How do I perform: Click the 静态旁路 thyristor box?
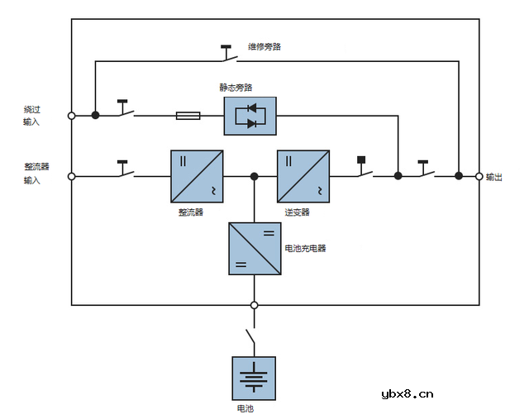point(250,116)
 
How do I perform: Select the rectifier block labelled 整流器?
point(197,176)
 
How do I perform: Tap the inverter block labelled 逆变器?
point(303,176)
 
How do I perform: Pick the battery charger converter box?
point(255,248)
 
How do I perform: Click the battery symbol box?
point(254,379)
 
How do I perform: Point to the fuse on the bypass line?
point(188,116)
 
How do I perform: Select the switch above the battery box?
point(250,338)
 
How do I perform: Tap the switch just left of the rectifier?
point(125,171)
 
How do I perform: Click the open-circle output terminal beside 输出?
point(479,176)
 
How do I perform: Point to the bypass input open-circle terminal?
point(72,116)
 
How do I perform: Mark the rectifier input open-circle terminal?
point(72,176)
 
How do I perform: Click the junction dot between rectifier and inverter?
point(254,176)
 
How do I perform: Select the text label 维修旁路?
point(264,47)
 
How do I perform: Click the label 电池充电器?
point(305,248)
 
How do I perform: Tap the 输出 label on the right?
point(494,177)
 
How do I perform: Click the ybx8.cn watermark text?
point(407,394)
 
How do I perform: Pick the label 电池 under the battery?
point(245,408)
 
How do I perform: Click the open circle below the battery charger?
point(254,305)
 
